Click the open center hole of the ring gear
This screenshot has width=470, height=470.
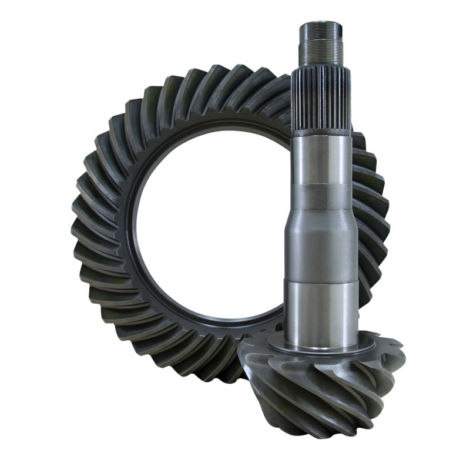[211, 223]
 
